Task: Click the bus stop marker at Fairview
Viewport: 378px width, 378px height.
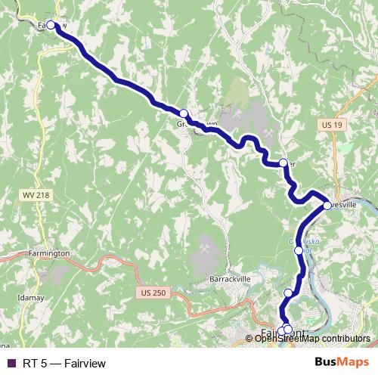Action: click(x=51, y=25)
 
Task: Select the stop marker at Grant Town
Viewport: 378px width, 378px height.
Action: click(x=183, y=113)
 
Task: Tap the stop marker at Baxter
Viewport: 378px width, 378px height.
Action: click(x=283, y=163)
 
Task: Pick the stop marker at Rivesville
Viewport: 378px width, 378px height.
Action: click(x=327, y=205)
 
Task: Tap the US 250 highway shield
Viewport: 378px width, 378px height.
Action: click(x=152, y=291)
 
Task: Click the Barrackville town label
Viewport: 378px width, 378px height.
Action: click(x=230, y=279)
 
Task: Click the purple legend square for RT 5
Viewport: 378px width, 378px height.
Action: click(x=11, y=364)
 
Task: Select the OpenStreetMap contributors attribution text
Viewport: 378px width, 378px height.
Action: click(x=313, y=338)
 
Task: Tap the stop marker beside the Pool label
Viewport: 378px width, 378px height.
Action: click(x=298, y=250)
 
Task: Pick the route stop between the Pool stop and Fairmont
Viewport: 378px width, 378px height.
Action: click(x=288, y=293)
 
